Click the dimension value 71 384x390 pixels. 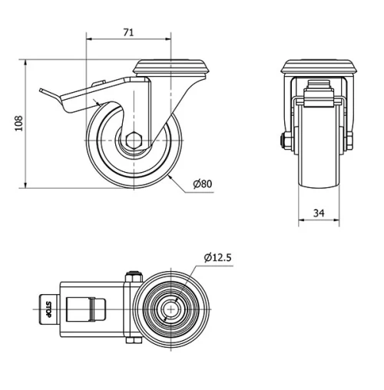(x=128, y=31)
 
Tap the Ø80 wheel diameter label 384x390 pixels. (x=202, y=184)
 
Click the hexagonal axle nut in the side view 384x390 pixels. (x=135, y=140)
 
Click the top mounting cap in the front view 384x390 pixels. (x=318, y=68)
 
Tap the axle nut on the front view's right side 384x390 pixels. (x=350, y=140)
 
